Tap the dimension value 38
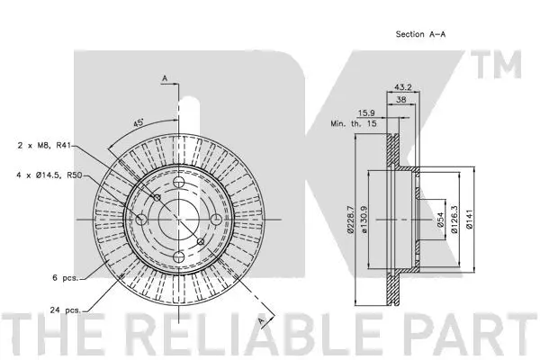click(x=401, y=102)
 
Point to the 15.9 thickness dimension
click(x=367, y=113)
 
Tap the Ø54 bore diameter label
click(x=442, y=219)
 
